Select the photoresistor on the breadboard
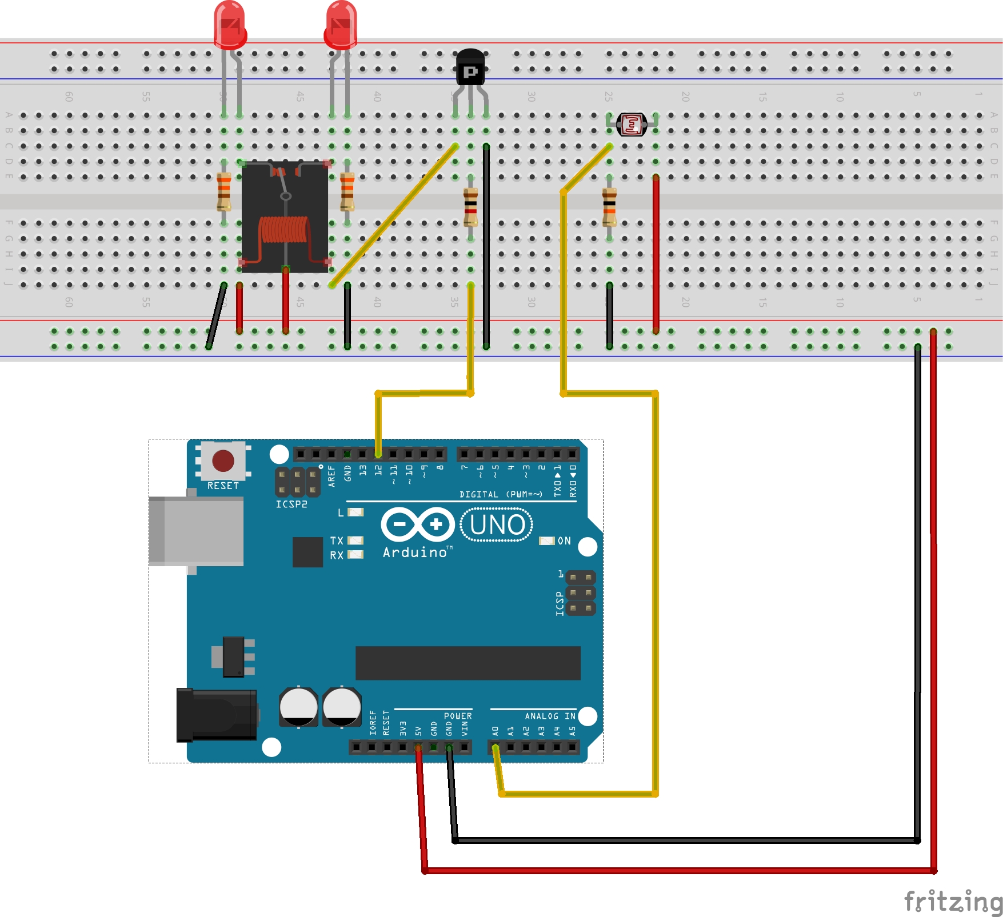(632, 124)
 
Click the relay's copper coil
(284, 230)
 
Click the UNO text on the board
(497, 524)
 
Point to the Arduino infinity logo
(418, 524)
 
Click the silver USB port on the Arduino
(196, 531)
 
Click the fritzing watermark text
(953, 902)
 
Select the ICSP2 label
(291, 504)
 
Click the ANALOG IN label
(550, 716)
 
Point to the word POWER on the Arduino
(458, 716)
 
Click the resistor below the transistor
(470, 207)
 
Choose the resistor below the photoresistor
(609, 207)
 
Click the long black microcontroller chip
(467, 663)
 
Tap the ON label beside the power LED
(564, 540)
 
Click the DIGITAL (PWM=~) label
(501, 494)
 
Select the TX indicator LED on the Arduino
(355, 540)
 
